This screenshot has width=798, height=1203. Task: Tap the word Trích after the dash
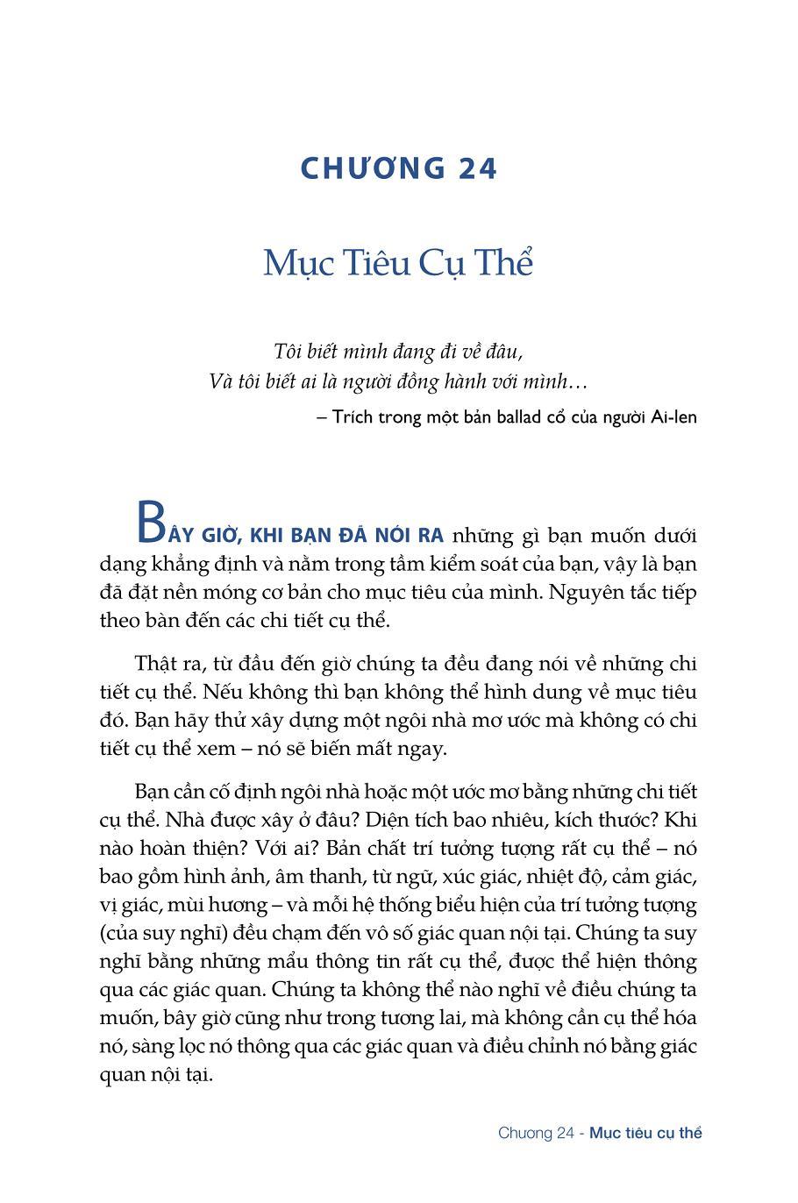pos(354,416)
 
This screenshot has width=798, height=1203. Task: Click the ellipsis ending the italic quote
pos(577,383)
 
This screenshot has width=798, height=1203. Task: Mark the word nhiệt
pos(561,876)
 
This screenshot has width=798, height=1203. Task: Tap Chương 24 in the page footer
pos(536,1133)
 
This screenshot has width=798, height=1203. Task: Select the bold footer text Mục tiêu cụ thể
pos(645,1133)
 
